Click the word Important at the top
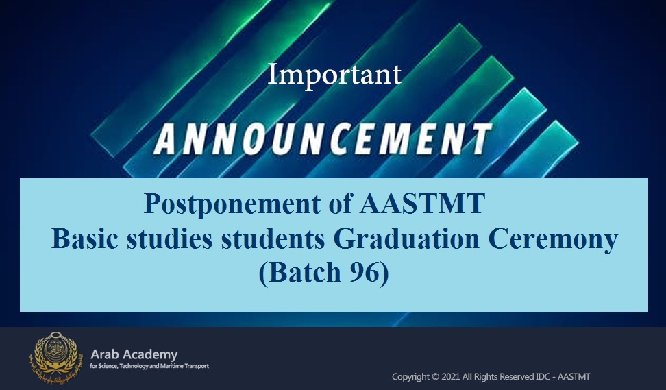click(x=334, y=75)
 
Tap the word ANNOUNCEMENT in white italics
click(x=323, y=139)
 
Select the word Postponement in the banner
click(x=232, y=204)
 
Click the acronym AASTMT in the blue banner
click(x=422, y=203)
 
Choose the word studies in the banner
click(x=169, y=239)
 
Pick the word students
click(x=273, y=239)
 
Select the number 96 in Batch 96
click(x=362, y=272)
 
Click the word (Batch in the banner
click(x=300, y=273)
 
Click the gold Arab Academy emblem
click(x=54, y=358)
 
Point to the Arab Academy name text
click(x=134, y=354)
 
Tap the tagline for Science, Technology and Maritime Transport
click(x=149, y=366)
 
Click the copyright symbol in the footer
click(x=435, y=377)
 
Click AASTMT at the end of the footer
click(x=573, y=377)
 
